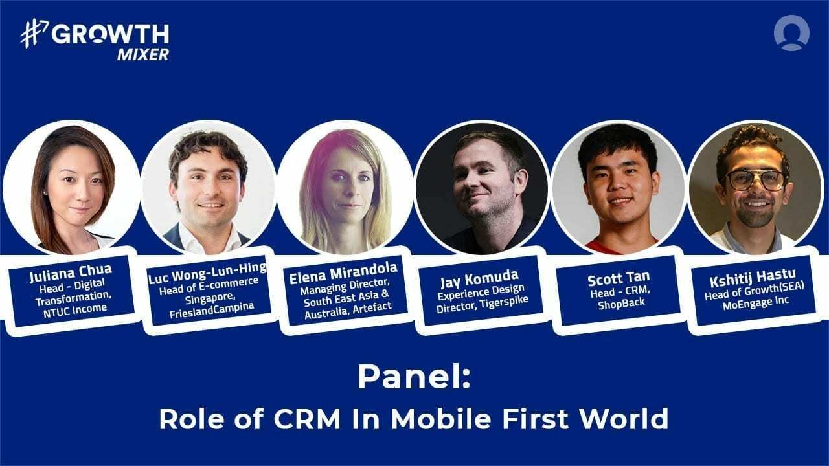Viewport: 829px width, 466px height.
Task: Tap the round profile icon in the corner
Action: click(791, 33)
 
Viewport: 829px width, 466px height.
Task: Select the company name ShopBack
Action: click(620, 304)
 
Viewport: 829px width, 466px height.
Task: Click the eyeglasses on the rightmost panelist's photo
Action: click(756, 179)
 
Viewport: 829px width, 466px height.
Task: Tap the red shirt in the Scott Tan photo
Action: click(619, 245)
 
